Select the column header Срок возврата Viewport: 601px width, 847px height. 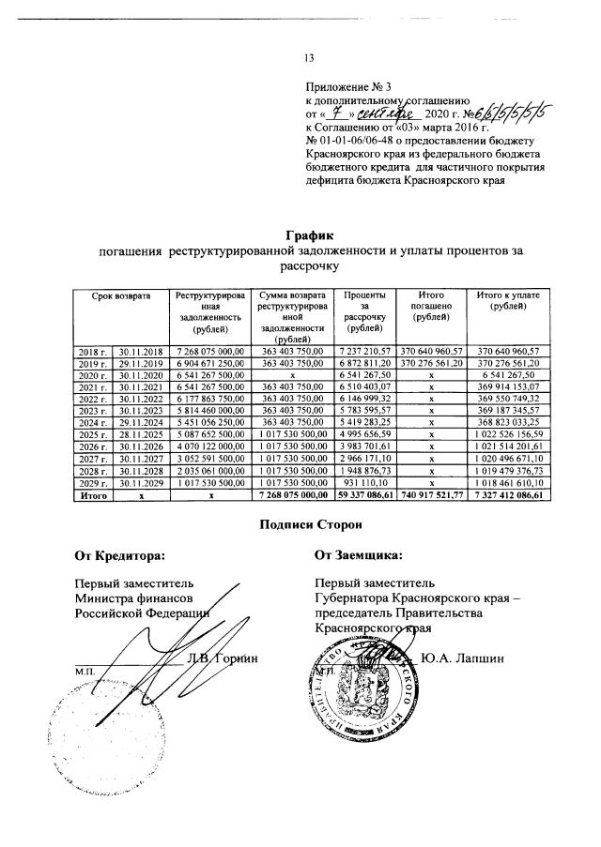[x=120, y=296]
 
